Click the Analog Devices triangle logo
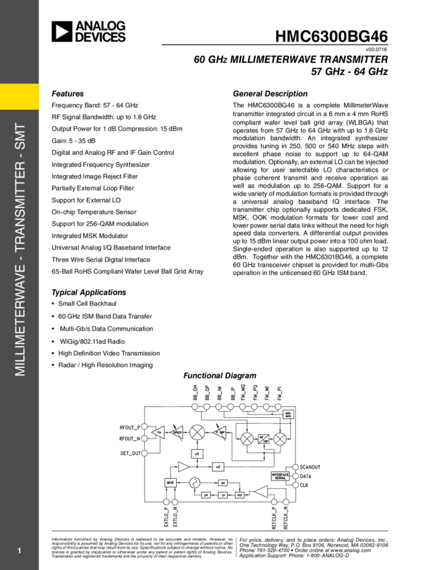click(x=62, y=32)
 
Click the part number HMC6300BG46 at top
click(x=331, y=37)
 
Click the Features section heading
click(x=68, y=93)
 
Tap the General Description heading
click(x=270, y=93)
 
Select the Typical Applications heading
click(x=88, y=292)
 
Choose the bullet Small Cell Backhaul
click(x=86, y=304)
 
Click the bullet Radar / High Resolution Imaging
click(x=105, y=365)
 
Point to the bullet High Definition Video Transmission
click(x=109, y=353)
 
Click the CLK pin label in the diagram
click(x=305, y=485)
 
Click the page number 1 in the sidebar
click(x=20, y=551)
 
